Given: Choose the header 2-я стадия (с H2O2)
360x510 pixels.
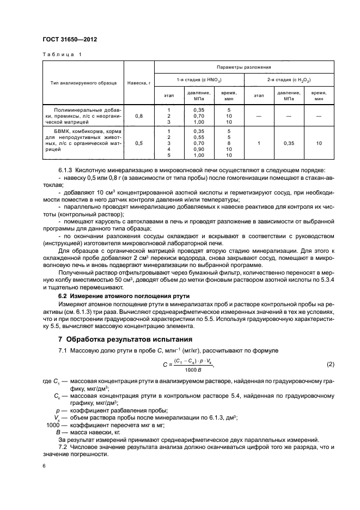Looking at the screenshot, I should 289,80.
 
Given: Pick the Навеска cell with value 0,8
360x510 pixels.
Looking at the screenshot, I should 138,116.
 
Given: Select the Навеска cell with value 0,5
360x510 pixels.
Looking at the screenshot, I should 138,143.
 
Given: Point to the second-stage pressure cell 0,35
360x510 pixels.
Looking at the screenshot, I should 288,143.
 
